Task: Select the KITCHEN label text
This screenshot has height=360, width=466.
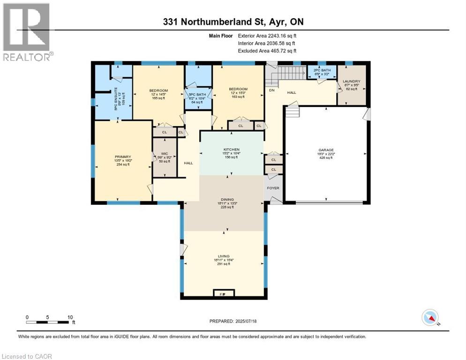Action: [231, 150]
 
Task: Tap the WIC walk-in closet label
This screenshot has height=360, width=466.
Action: [164, 153]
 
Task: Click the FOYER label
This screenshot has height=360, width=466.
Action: [273, 188]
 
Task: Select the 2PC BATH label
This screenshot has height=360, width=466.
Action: [322, 70]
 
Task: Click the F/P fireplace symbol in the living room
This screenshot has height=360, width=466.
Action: [223, 294]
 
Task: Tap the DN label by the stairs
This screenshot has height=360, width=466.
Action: [271, 90]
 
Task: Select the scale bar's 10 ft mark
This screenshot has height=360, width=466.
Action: [70, 317]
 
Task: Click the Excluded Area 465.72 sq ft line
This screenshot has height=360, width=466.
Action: [267, 51]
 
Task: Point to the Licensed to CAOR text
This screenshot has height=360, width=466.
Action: [27, 356]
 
